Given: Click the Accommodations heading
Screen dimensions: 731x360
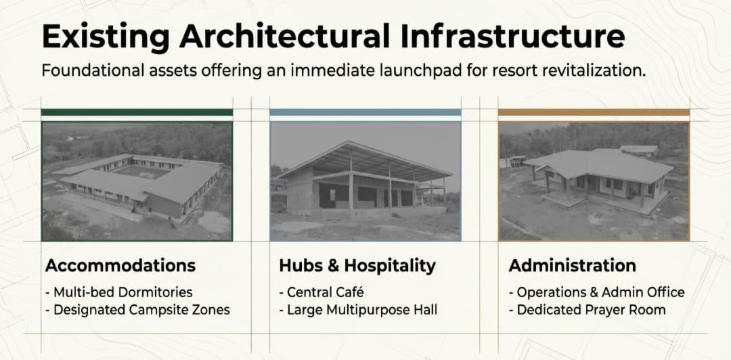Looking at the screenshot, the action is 120,265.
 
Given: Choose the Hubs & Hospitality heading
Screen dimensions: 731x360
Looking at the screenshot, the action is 357,266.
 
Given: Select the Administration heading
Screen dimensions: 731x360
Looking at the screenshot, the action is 572,265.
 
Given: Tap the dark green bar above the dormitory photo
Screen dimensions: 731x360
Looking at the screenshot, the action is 137,112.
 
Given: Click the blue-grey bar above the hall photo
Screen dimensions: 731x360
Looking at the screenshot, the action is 365,112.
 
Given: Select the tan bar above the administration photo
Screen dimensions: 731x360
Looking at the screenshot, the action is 594,112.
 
